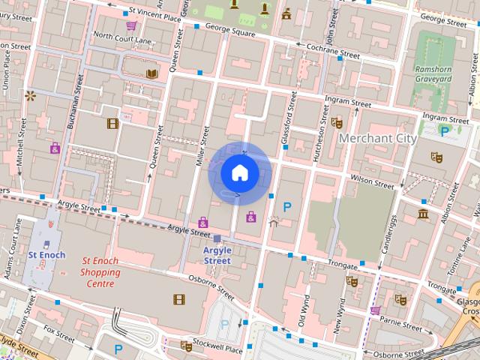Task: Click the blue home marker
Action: [x=238, y=172]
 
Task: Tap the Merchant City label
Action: [x=377, y=138]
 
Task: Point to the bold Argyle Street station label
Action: [x=217, y=255]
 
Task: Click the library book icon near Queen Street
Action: [x=151, y=73]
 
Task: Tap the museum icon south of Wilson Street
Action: [x=424, y=215]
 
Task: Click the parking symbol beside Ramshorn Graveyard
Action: [x=445, y=130]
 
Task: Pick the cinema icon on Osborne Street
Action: [x=178, y=299]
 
